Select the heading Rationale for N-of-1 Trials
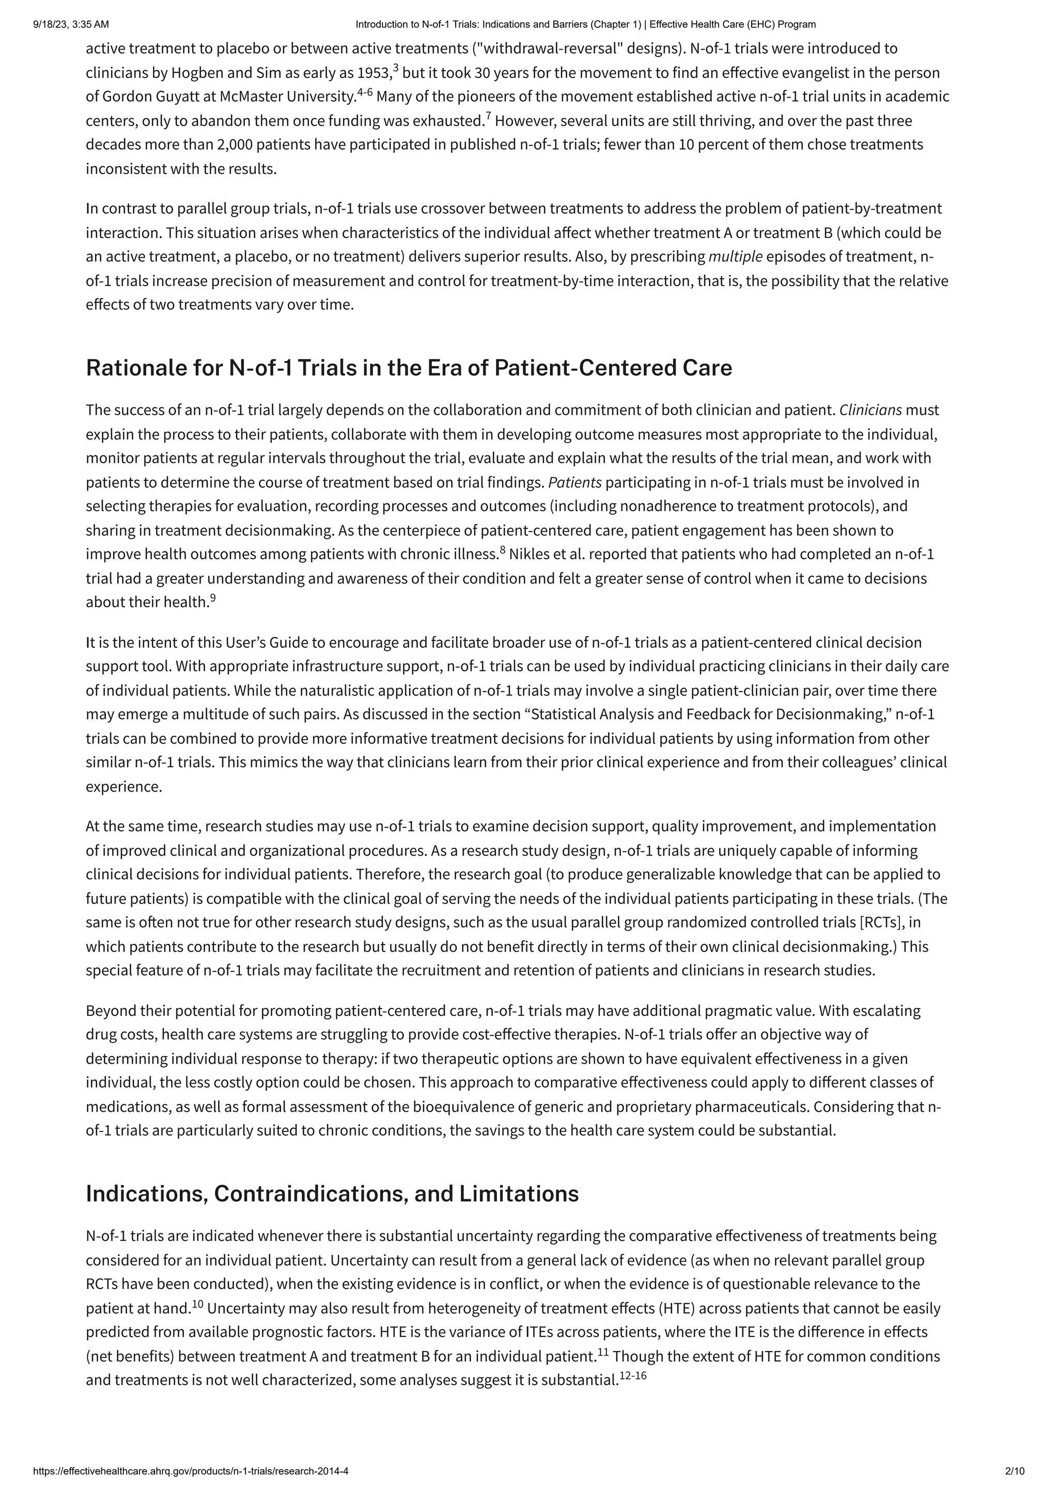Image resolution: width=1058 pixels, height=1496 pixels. [x=409, y=368]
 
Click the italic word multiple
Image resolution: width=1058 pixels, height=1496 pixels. [x=735, y=257]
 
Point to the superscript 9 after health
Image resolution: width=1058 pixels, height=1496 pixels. [x=212, y=597]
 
